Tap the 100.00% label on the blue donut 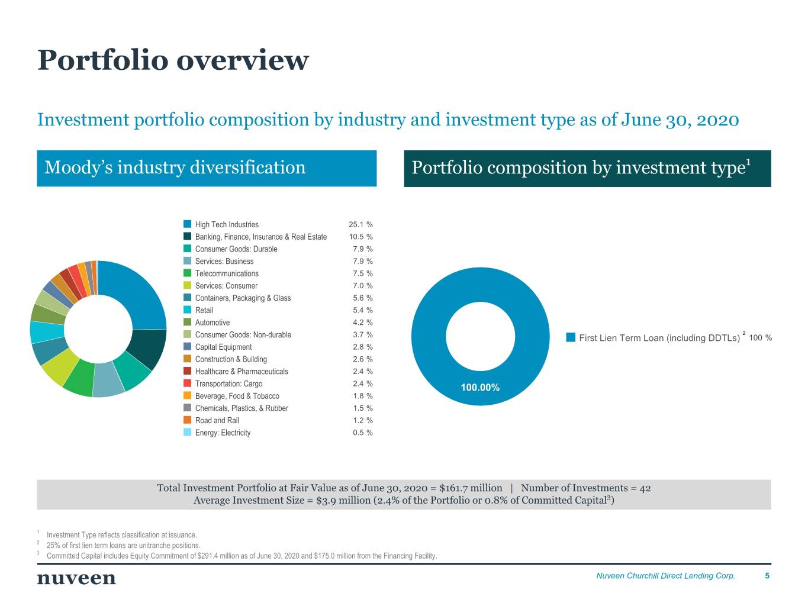tap(480, 388)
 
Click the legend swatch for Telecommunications tap(188, 273)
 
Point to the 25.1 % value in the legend tap(360, 225)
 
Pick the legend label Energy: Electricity tap(223, 433)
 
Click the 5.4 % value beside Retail tap(362, 310)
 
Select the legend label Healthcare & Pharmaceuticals tap(242, 372)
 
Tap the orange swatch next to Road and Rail tap(188, 420)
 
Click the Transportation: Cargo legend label tap(228, 383)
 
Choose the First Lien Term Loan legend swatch tap(571, 337)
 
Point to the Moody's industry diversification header tap(175, 167)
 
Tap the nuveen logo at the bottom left tap(76, 578)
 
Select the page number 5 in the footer tap(767, 576)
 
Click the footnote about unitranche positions tap(123, 546)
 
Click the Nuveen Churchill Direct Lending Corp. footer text tap(665, 576)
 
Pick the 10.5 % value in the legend tap(360, 237)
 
